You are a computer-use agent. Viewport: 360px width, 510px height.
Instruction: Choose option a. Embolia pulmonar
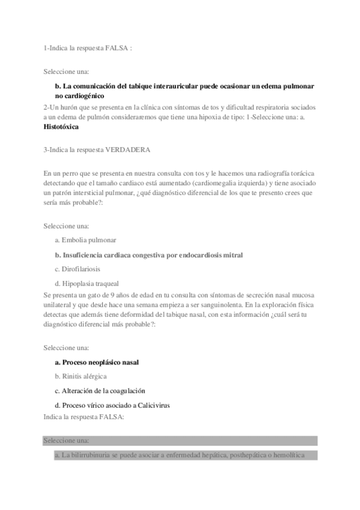(85, 239)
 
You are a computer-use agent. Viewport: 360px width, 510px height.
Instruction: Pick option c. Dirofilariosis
(77, 269)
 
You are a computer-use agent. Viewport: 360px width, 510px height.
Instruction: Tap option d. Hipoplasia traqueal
(87, 283)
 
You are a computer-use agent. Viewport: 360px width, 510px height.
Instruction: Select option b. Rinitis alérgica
(81, 376)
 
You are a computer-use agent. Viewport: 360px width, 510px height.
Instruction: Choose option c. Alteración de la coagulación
(100, 391)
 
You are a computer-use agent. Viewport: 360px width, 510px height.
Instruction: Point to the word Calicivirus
(153, 405)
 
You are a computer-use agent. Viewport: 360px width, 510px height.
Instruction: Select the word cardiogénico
(86, 95)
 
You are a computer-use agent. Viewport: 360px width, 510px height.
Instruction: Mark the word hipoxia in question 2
(207, 117)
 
